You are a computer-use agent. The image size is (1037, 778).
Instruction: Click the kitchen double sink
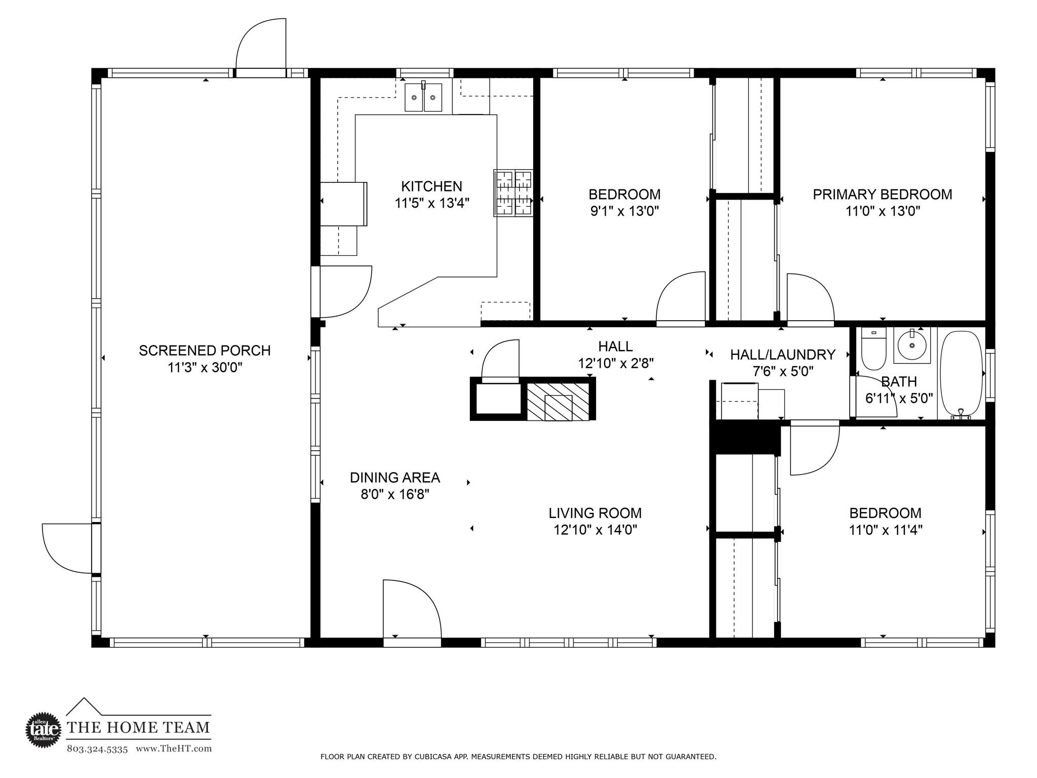coord(423,97)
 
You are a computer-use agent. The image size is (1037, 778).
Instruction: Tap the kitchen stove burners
coord(513,193)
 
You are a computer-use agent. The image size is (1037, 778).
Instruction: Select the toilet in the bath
coord(873,349)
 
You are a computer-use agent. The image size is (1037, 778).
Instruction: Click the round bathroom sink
coord(912,345)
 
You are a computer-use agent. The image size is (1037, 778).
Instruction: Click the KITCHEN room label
coord(431,186)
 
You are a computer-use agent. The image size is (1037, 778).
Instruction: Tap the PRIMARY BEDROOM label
coord(882,194)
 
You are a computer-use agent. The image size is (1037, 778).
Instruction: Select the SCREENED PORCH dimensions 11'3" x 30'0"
coord(205,367)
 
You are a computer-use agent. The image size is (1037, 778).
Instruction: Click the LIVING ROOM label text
coord(595,513)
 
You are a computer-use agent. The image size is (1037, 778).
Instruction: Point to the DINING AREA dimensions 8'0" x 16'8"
coord(395,494)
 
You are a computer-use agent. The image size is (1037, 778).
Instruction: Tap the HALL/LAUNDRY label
coord(782,355)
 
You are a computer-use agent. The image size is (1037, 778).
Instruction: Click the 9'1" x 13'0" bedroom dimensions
coord(624,211)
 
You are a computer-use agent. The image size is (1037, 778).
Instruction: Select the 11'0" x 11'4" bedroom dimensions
coord(886,530)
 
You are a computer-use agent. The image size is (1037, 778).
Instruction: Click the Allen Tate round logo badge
coord(43,729)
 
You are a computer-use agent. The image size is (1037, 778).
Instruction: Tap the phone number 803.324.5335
coord(97,749)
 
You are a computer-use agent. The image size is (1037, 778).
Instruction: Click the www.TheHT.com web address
coord(174,749)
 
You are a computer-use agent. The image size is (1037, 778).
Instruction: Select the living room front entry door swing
coord(410,610)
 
